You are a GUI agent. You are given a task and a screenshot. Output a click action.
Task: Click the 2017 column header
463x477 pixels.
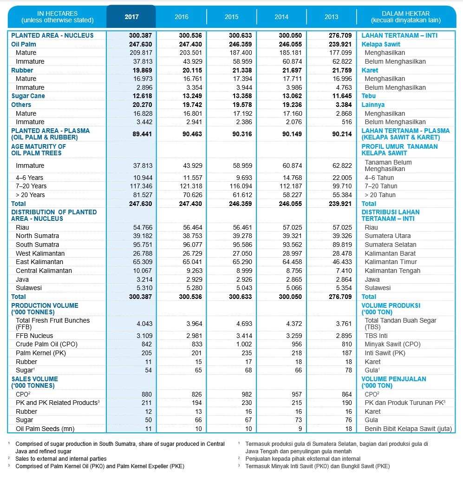131,17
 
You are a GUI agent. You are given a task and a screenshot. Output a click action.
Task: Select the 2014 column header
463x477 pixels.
281,17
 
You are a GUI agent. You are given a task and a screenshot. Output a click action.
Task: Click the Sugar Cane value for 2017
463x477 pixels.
142,96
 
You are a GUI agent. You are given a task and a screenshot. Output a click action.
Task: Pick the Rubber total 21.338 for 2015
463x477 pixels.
242,70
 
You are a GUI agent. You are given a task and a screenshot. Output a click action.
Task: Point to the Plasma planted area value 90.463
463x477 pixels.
192,134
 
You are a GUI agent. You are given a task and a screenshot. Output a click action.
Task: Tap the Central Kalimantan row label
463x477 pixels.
44,271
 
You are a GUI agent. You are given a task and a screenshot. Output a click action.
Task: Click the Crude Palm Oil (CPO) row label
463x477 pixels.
46,344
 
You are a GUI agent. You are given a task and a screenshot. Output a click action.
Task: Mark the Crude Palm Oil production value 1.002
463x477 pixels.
244,344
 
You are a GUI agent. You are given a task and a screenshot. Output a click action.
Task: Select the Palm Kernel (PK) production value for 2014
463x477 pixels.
297,353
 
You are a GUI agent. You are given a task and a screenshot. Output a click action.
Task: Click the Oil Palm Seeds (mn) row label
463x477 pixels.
45,429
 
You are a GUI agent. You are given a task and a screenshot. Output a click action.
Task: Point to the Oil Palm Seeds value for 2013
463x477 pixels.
348,429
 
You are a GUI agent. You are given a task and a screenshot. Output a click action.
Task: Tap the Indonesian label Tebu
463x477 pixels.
369,96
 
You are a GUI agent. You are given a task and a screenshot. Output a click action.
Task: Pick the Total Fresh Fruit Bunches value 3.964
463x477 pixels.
195,324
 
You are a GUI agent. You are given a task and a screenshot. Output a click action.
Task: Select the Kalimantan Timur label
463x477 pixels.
391,262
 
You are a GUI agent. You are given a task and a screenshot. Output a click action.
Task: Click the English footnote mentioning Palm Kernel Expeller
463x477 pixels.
100,466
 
